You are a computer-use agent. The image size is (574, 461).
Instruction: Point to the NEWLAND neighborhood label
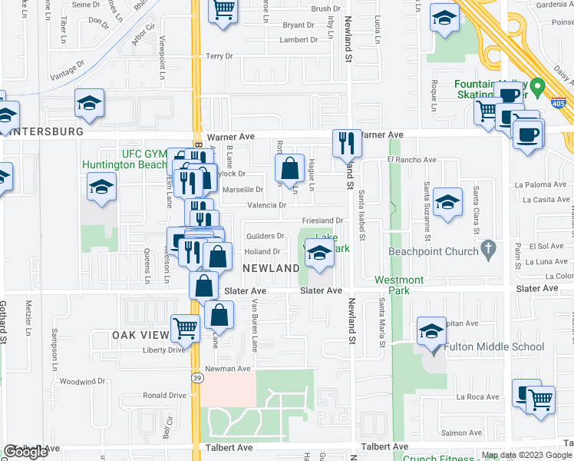coord(271,268)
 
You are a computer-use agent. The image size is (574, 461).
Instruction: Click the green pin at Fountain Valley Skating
coord(538,87)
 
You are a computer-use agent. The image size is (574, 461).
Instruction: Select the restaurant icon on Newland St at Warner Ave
coord(346,142)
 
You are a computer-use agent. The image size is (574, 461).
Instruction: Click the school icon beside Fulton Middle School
coord(431,331)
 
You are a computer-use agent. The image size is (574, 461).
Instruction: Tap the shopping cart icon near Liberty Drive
coord(186,328)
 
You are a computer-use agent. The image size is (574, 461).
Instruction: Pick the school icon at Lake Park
coord(320,253)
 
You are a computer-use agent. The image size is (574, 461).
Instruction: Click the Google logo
coord(26,453)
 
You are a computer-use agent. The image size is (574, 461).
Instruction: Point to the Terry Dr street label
coord(219,56)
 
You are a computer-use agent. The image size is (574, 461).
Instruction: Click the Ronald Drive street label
coord(165,396)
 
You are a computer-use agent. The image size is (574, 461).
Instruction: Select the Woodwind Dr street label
coord(82,381)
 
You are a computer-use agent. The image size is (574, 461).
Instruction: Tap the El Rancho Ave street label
coord(411,160)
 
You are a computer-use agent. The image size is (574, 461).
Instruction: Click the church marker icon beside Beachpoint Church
coord(487,249)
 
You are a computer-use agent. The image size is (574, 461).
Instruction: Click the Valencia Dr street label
coord(266,205)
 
